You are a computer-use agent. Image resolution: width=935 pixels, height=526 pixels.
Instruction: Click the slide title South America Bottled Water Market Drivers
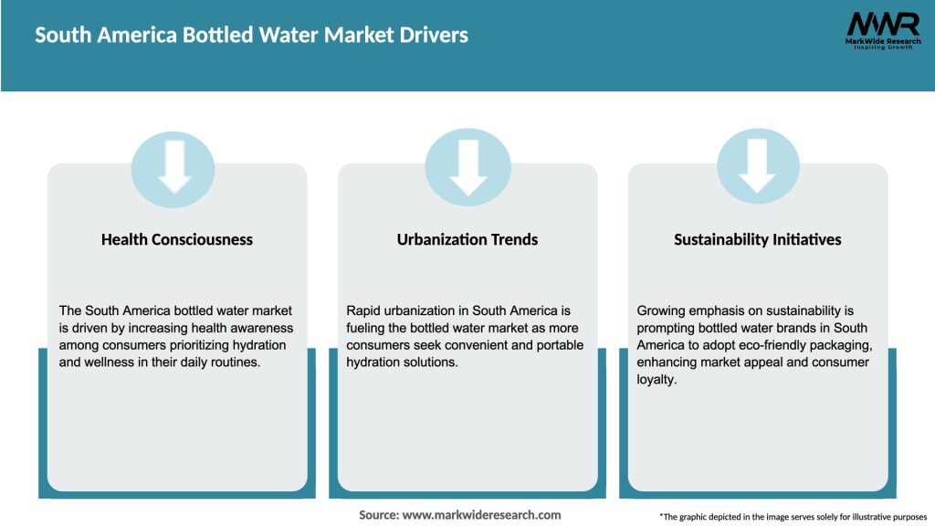coord(251,36)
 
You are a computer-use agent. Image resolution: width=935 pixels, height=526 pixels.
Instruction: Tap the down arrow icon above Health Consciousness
coord(173,166)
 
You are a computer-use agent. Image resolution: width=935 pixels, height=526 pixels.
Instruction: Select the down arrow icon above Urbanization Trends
coord(467,166)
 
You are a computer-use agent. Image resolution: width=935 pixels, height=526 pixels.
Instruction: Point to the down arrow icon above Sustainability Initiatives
coord(758,166)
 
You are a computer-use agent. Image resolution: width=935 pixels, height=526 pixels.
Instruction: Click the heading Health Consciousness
coord(177,239)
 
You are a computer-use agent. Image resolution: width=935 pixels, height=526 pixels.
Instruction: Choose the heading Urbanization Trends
coord(467,239)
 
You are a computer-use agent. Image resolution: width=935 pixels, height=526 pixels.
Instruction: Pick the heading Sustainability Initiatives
coord(758,239)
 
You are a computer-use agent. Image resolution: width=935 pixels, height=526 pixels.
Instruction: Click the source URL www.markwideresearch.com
coord(481,515)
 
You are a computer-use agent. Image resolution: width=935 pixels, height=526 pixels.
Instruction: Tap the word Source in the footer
coord(378,515)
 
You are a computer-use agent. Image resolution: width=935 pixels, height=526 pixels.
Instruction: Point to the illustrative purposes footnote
coord(793,517)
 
